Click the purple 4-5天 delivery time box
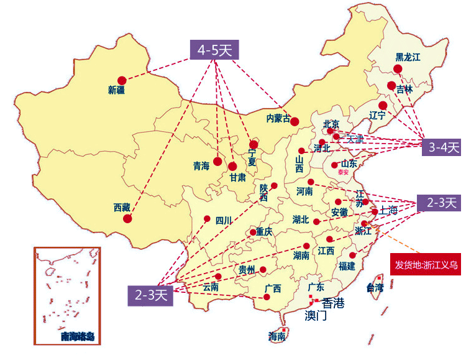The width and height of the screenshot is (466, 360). (214, 50)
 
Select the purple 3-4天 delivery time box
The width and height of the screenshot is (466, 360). (444, 147)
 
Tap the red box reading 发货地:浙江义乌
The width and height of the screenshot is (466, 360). (426, 264)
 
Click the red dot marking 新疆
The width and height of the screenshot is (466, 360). (122, 80)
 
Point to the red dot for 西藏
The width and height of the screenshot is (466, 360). (127, 218)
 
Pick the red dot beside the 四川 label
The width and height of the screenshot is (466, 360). (207, 218)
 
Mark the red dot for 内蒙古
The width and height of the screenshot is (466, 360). (295, 122)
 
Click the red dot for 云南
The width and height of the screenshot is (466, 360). (218, 277)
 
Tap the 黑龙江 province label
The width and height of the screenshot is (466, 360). (408, 57)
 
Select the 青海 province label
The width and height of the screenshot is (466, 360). (201, 166)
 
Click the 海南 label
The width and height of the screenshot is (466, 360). (276, 336)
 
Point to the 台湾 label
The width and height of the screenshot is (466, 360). (375, 287)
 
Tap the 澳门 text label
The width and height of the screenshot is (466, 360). (316, 316)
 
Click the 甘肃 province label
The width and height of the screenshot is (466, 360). (237, 178)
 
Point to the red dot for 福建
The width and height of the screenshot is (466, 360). (353, 255)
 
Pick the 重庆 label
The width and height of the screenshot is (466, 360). (264, 231)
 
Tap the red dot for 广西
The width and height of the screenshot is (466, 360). (267, 297)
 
